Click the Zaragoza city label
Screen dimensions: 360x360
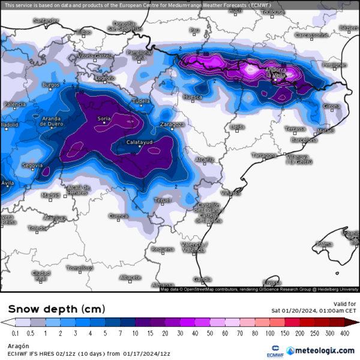click(172, 124)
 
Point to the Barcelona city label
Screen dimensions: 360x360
click(304, 140)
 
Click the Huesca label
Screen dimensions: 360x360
click(192, 96)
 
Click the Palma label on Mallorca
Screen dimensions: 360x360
click(324, 244)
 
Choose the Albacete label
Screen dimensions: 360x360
click(130, 277)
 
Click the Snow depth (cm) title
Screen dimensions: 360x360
click(56, 309)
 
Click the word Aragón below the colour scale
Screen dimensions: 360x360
click(17, 346)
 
